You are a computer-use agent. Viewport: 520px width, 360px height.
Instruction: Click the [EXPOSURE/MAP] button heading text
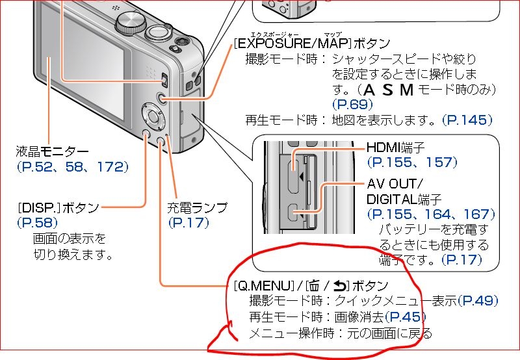tap(311, 44)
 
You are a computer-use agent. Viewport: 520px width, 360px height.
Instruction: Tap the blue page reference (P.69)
tap(352, 104)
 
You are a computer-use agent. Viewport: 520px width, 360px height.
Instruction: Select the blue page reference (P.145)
tap(467, 120)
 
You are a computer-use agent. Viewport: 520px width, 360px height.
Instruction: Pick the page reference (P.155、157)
tap(412, 162)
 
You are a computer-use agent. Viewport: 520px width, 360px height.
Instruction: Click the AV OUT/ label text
tap(395, 183)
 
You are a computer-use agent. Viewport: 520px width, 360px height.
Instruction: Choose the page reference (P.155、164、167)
tap(431, 214)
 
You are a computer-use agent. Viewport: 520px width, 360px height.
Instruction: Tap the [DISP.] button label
tap(59, 208)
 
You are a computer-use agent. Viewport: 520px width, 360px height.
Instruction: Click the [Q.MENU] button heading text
tap(311, 285)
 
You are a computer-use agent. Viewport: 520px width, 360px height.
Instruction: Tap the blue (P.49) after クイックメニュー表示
tap(478, 301)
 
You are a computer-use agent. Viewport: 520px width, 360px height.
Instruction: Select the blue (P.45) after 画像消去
tap(405, 317)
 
